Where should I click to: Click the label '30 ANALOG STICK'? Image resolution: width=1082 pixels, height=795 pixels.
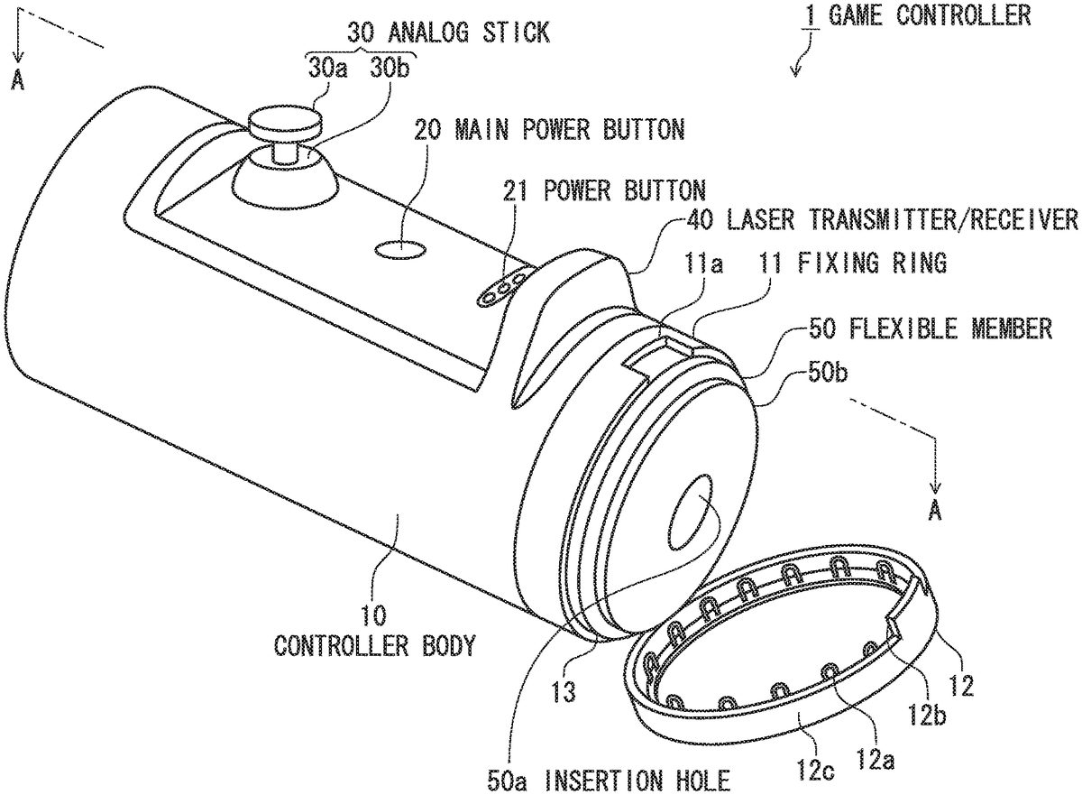(448, 32)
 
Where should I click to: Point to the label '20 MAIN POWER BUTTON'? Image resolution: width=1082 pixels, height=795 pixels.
(549, 129)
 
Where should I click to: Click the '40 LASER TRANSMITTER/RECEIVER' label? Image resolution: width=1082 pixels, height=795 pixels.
(881, 219)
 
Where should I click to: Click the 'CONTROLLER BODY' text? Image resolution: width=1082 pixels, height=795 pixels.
(374, 646)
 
